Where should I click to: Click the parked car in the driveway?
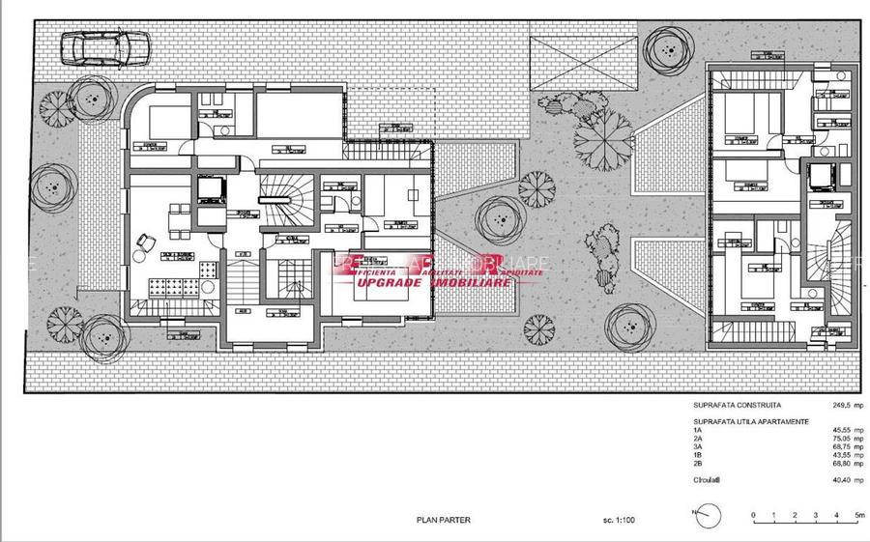pos(104,46)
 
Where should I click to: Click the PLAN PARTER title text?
pos(443,520)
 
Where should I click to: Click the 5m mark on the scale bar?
pos(856,517)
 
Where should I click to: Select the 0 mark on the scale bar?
pos(751,517)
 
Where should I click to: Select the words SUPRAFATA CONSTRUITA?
pos(737,406)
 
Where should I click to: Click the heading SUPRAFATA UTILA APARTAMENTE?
pos(750,421)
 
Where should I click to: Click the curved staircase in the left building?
pos(287,197)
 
